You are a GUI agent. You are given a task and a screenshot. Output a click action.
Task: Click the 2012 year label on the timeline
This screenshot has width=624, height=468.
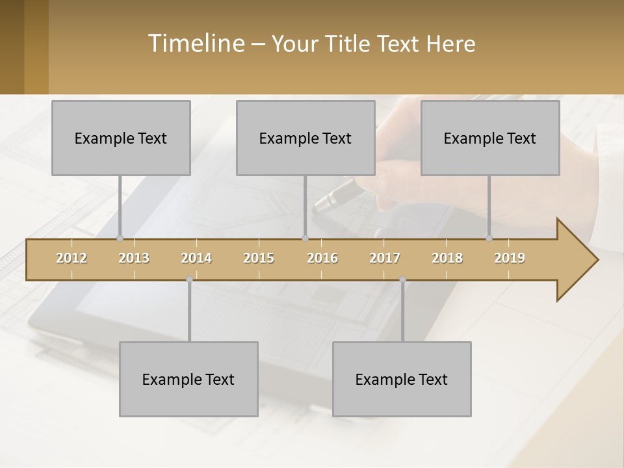(71, 258)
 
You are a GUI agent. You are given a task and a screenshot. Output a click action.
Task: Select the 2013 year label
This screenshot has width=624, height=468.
(134, 258)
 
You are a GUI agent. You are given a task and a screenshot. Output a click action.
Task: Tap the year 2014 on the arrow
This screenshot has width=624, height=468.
(196, 258)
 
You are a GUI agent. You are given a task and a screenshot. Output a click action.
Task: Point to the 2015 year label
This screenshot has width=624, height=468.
(259, 258)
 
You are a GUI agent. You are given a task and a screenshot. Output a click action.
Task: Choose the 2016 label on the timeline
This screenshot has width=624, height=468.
(322, 258)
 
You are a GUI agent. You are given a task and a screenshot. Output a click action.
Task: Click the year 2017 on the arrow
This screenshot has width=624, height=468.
(385, 258)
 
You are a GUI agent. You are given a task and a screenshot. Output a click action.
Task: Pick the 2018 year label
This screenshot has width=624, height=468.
(447, 258)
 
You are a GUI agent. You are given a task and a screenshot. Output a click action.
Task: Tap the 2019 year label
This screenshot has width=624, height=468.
(510, 258)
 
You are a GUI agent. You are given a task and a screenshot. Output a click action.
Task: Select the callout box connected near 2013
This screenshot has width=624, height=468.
(121, 138)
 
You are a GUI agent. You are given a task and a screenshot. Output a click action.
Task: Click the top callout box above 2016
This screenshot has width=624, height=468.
(305, 138)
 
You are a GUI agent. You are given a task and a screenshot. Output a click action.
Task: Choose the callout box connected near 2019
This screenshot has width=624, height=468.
(490, 138)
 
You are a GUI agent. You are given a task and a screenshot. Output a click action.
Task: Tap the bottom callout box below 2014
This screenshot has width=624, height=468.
(188, 379)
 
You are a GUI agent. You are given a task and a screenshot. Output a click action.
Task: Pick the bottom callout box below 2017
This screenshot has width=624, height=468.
(402, 379)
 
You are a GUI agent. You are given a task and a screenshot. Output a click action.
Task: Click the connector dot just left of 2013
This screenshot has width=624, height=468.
(120, 239)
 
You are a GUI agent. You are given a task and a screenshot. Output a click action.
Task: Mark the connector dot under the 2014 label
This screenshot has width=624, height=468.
(189, 279)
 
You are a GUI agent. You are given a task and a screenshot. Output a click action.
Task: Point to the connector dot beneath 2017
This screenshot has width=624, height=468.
(402, 279)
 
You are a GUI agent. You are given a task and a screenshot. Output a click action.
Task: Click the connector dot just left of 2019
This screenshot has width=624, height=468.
(489, 239)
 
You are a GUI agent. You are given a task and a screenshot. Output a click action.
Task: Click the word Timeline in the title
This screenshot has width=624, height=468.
(196, 43)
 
